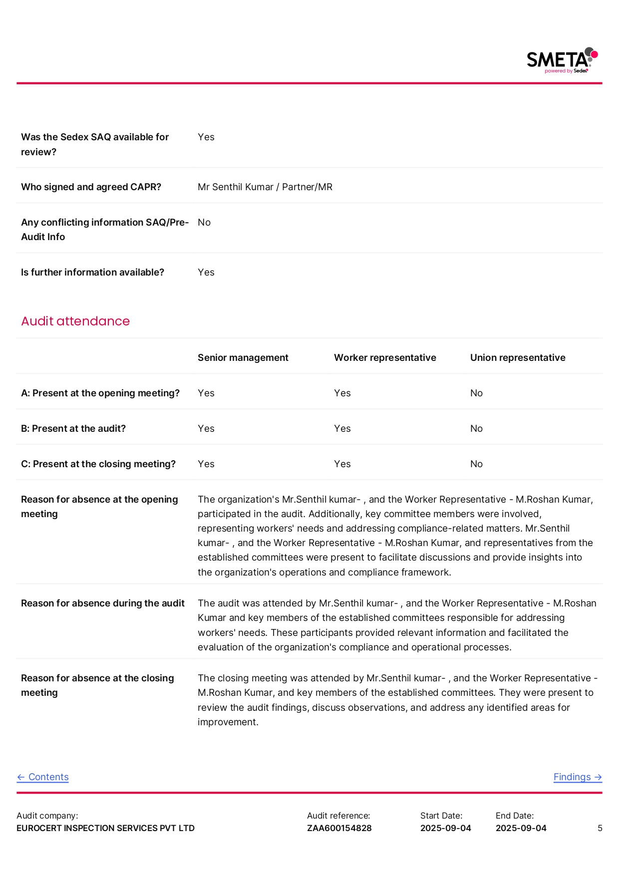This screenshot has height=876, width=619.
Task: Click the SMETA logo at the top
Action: click(562, 60)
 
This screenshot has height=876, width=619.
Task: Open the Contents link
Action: click(43, 777)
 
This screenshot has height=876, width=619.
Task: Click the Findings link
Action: click(578, 777)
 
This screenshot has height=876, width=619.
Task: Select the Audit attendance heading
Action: click(75, 321)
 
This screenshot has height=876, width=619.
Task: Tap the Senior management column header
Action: click(243, 357)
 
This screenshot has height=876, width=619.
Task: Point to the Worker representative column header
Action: click(385, 357)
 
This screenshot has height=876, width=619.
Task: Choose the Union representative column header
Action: click(518, 357)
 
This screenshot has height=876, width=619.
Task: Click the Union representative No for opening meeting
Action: click(476, 393)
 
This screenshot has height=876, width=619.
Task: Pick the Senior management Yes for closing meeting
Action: click(206, 464)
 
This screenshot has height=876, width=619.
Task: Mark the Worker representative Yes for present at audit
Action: click(342, 428)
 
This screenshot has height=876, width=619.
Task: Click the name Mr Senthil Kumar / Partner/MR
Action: click(265, 187)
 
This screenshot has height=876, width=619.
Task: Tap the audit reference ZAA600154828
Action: click(339, 828)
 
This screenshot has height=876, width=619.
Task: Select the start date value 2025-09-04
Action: click(446, 828)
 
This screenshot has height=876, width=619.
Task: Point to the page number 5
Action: click(600, 828)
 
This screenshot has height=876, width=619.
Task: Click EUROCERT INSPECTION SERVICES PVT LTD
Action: click(105, 828)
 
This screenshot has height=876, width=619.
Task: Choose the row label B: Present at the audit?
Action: click(73, 428)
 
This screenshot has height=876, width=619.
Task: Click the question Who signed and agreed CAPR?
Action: click(91, 187)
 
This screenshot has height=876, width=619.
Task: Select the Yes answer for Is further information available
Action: click(206, 272)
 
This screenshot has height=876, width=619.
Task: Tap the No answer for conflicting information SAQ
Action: click(204, 222)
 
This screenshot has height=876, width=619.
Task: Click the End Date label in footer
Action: click(515, 816)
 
